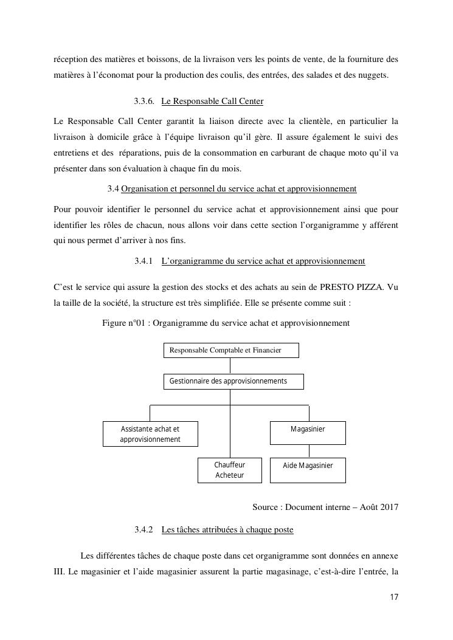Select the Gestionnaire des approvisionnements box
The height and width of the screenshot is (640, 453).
(233, 382)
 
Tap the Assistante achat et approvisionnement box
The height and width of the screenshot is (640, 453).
(150, 434)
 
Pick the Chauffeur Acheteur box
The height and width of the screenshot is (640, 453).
(230, 470)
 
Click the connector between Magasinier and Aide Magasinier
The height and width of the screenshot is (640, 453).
(308, 451)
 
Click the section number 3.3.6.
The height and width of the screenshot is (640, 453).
(144, 101)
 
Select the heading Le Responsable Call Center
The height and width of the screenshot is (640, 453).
(212, 101)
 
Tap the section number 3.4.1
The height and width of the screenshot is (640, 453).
(144, 261)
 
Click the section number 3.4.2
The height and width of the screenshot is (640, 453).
(144, 530)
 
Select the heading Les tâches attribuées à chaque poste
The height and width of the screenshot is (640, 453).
(227, 530)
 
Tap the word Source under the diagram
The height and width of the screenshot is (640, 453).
(266, 507)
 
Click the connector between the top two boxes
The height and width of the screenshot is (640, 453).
(230, 366)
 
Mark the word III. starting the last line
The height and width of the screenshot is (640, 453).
(60, 571)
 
